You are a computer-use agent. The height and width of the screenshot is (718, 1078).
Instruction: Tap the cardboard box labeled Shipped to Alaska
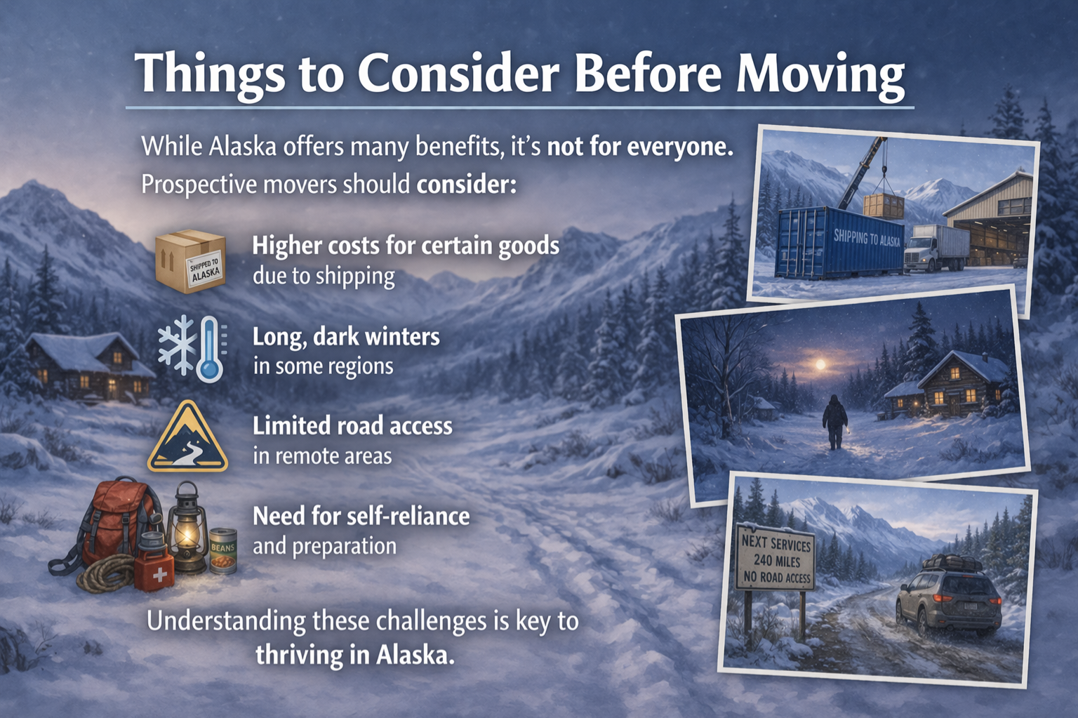click(x=191, y=261)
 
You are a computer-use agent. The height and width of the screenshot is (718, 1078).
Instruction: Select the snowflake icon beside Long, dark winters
click(x=177, y=345)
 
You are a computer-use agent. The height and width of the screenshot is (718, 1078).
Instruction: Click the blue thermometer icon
click(x=210, y=350)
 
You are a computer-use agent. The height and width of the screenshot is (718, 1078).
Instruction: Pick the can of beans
click(x=223, y=551)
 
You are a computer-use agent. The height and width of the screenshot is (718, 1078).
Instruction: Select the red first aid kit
click(x=154, y=570)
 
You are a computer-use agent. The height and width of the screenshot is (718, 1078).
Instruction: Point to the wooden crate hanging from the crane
click(x=884, y=206)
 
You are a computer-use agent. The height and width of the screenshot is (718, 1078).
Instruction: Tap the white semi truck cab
click(x=919, y=253)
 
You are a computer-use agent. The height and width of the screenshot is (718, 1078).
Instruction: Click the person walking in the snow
click(x=834, y=421)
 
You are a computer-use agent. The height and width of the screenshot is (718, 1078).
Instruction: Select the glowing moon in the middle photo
click(x=820, y=364)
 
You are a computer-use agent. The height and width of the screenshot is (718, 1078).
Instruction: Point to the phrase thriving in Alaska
click(x=354, y=656)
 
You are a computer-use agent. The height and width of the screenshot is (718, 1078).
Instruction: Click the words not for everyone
click(x=641, y=146)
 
